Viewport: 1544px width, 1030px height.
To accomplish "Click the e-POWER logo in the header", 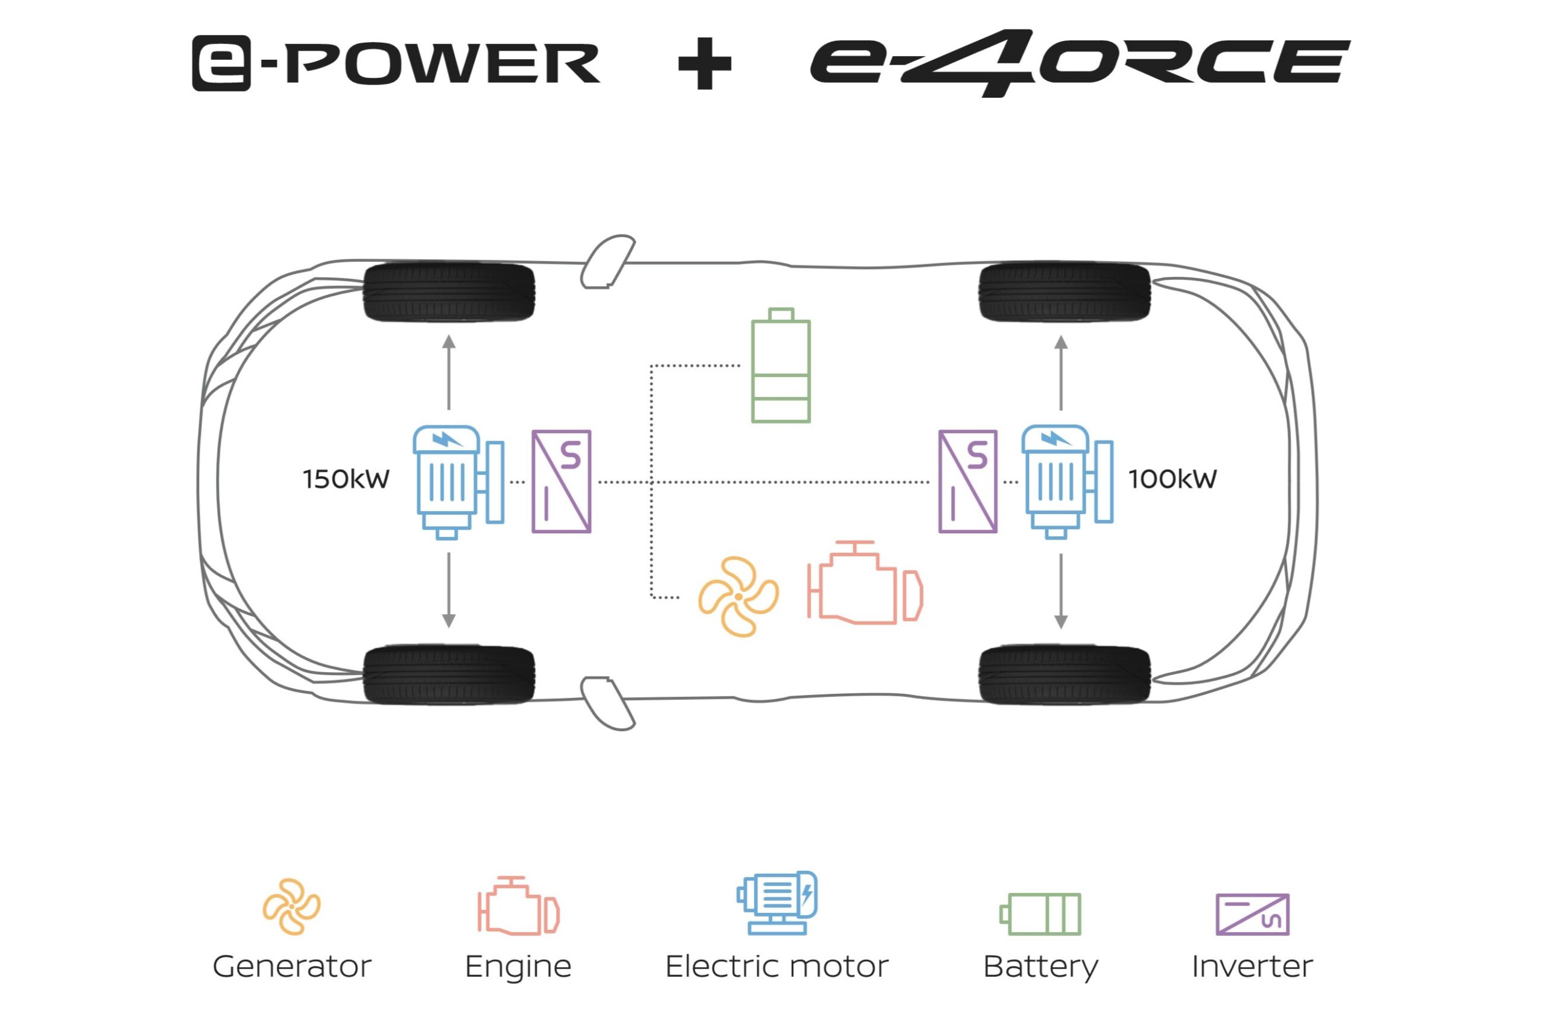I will [396, 63].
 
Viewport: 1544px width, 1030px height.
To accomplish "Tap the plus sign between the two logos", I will [704, 63].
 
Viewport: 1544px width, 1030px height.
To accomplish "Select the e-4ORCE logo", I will [1079, 63].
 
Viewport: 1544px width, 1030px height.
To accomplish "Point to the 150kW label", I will [346, 480].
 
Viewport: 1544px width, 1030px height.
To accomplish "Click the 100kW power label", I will [1172, 480].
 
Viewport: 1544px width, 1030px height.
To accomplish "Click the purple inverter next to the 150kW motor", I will [562, 482].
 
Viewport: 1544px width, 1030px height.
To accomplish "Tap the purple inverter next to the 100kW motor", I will [967, 482].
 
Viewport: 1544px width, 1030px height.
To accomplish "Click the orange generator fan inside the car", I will [738, 596].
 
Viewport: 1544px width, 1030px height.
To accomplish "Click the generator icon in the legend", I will [291, 906].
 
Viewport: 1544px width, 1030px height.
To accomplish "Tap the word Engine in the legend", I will [518, 966].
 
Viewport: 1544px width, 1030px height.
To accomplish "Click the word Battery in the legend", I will [1040, 966].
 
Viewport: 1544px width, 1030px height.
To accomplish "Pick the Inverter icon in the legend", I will [1253, 914].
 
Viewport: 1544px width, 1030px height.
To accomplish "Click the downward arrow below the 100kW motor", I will [1061, 591].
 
